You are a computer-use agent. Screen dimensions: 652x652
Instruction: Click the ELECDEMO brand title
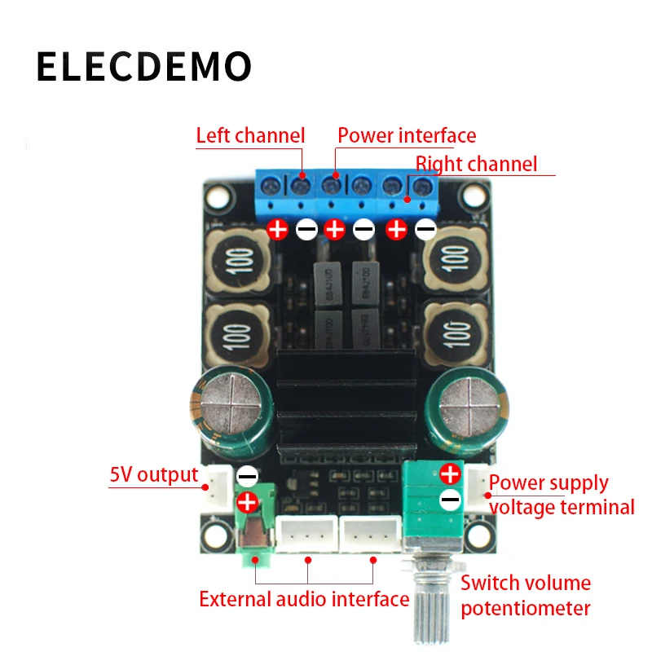(143, 67)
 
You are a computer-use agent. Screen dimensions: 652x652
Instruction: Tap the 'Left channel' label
(249, 135)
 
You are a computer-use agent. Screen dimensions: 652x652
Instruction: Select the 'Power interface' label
(407, 135)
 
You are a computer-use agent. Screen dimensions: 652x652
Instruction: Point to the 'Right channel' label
(476, 164)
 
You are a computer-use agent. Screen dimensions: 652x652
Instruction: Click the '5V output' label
(154, 474)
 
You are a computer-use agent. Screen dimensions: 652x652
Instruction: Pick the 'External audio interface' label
(304, 600)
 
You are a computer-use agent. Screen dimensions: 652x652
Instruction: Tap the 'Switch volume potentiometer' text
(526, 595)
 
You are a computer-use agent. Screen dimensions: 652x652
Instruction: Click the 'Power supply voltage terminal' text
(561, 495)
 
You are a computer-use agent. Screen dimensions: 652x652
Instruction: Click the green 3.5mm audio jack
(254, 534)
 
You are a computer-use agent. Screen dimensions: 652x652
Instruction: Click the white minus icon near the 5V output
(246, 475)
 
